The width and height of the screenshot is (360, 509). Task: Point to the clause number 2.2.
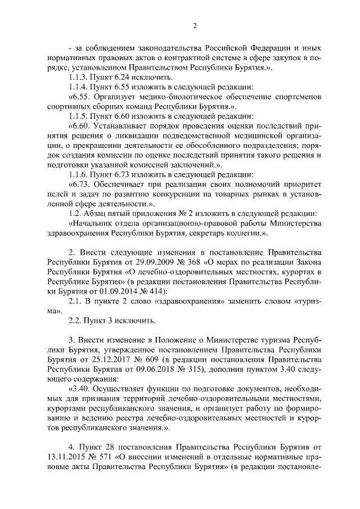pos(75,320)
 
